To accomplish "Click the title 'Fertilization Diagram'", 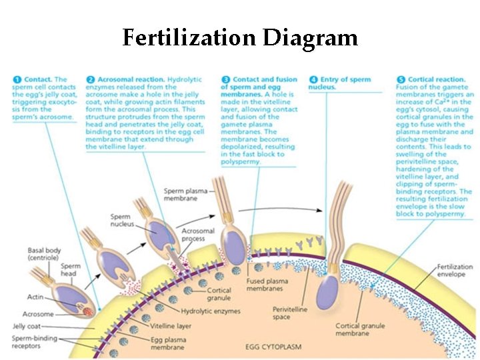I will tap(240, 37).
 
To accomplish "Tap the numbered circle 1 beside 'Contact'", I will tap(15, 79).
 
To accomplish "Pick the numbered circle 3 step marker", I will tap(225, 79).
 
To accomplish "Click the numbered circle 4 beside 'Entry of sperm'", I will tap(313, 79).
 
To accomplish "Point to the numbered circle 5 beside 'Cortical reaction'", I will tap(400, 79).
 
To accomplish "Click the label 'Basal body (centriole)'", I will tap(45, 254).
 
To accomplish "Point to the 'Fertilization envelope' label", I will tap(455, 270).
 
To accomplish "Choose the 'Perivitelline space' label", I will tap(290, 313).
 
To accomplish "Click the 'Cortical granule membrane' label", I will tap(361, 329).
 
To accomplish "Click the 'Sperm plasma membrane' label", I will tap(181, 195).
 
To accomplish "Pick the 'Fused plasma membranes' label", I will tap(268, 284).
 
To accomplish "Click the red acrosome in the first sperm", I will tap(87, 311).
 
